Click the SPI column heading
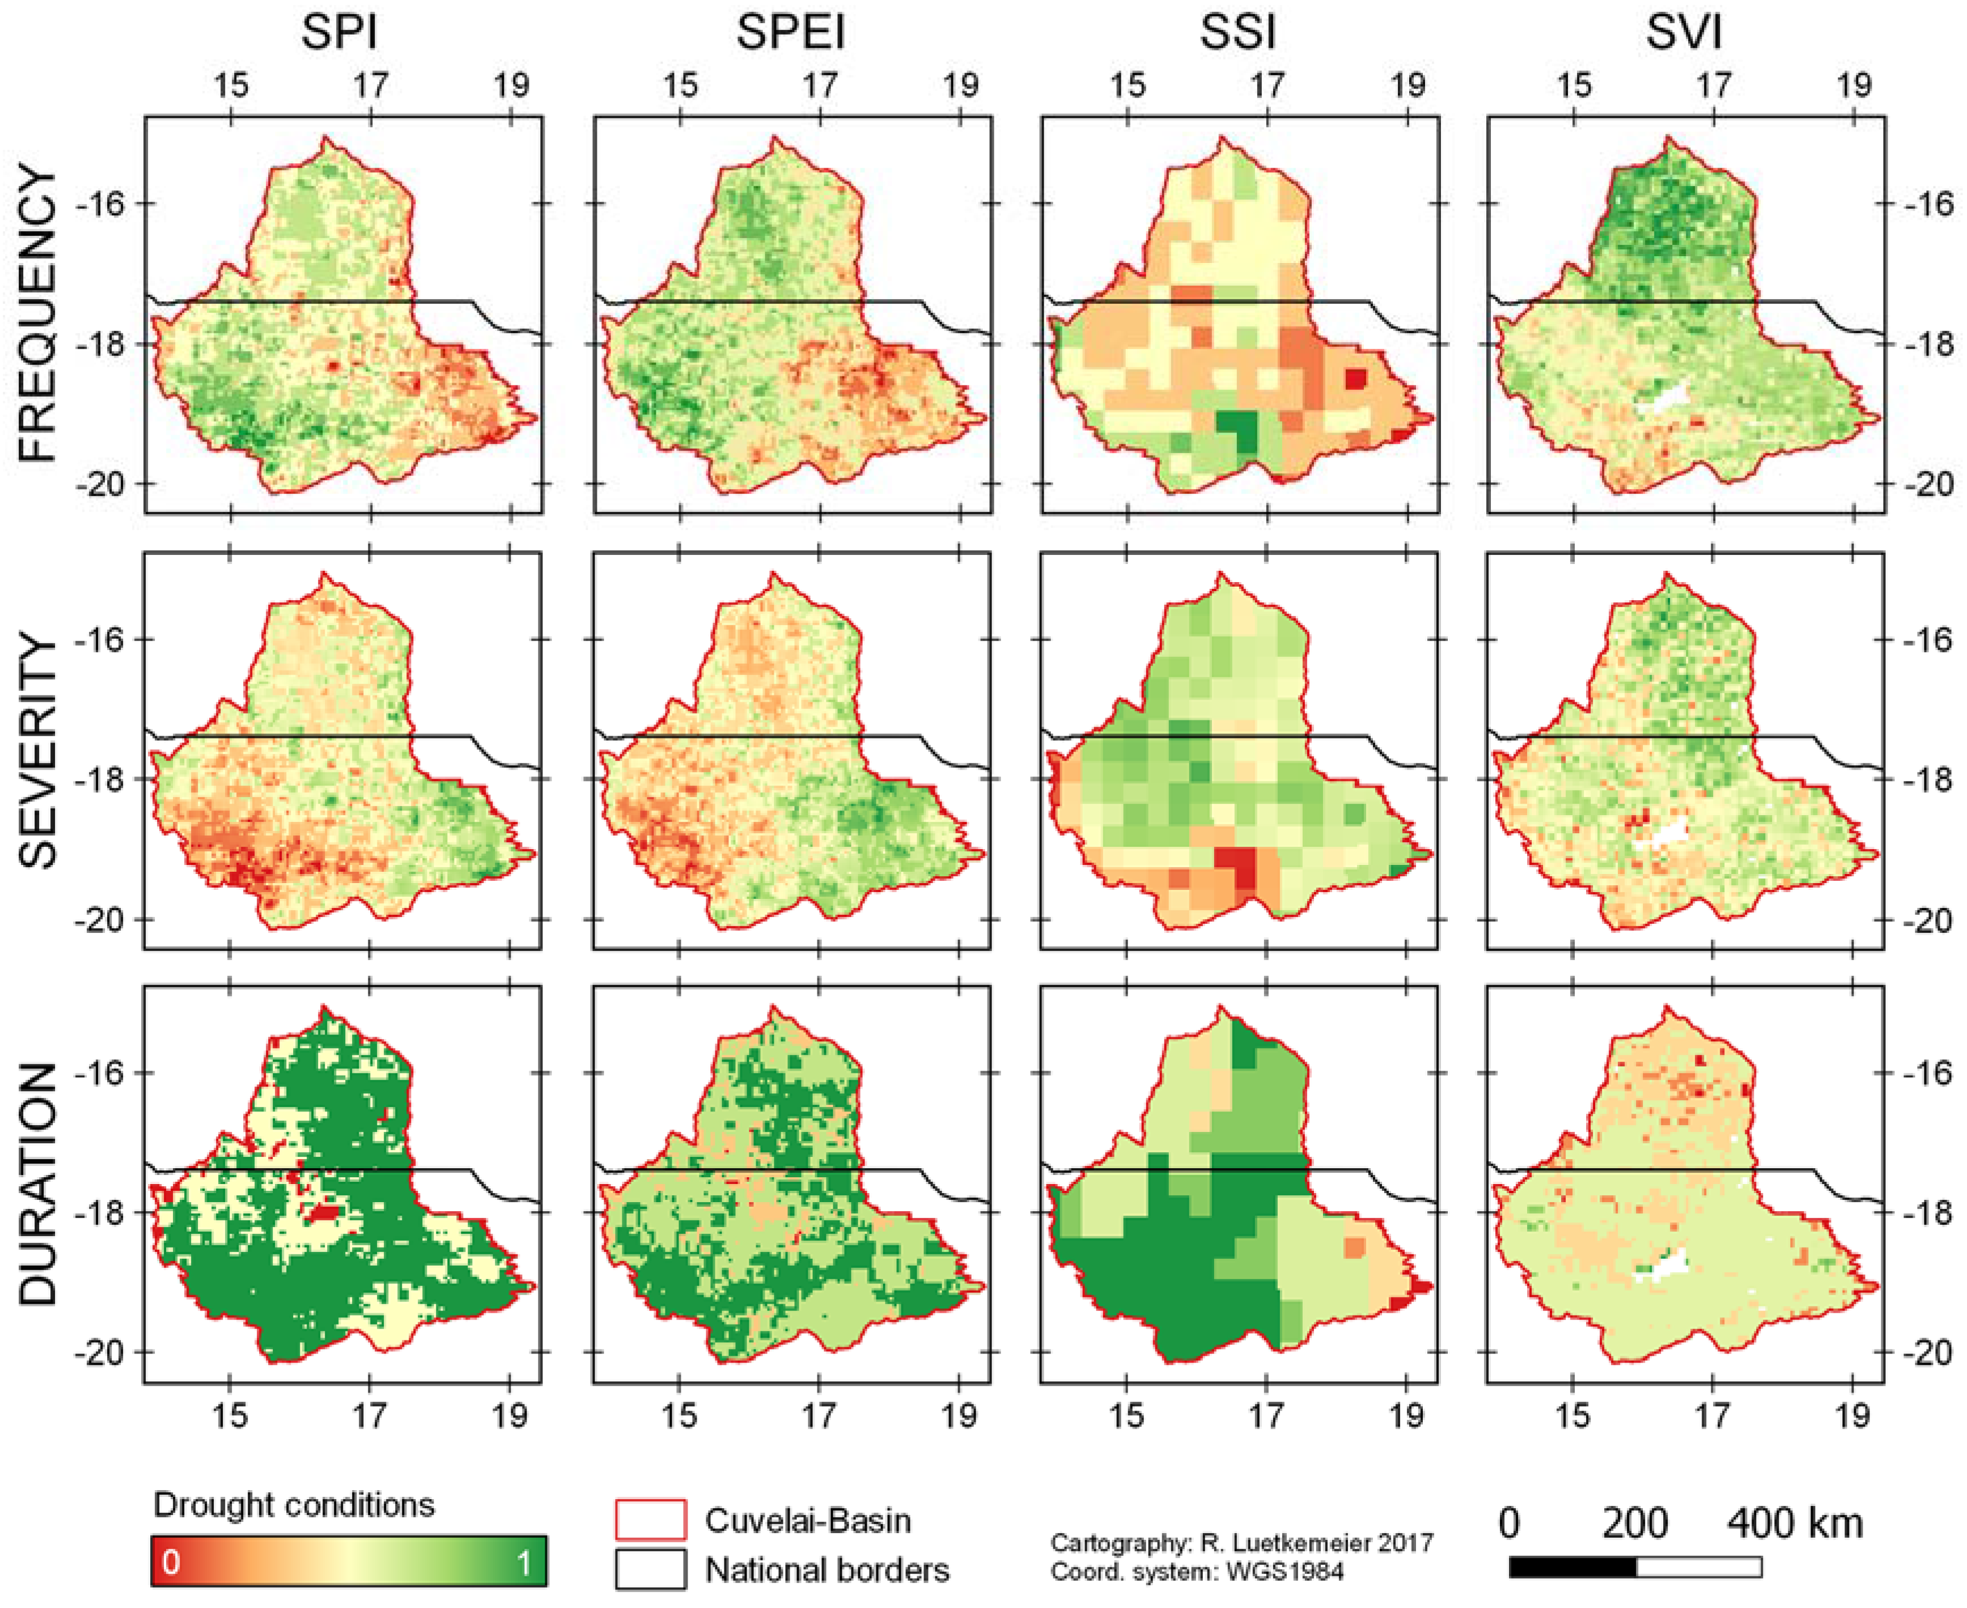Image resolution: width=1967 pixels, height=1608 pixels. (339, 33)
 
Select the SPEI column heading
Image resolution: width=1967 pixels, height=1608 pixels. (790, 33)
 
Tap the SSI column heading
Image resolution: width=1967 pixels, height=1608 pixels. (1238, 33)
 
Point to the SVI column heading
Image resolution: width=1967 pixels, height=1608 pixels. (1684, 33)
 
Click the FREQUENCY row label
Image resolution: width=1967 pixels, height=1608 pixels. (39, 315)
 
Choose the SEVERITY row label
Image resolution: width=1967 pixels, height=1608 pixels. (39, 751)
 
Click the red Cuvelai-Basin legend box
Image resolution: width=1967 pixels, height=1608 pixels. (650, 1520)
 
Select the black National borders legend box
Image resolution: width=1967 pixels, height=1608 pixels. (650, 1569)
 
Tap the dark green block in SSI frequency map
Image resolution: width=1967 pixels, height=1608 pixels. (1236, 431)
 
